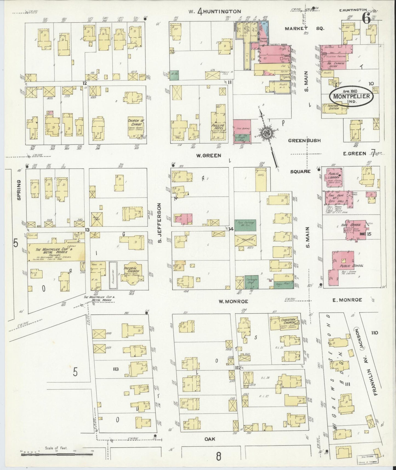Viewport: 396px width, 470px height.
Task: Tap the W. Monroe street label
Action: (233, 301)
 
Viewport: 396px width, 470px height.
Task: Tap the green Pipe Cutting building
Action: (245, 225)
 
